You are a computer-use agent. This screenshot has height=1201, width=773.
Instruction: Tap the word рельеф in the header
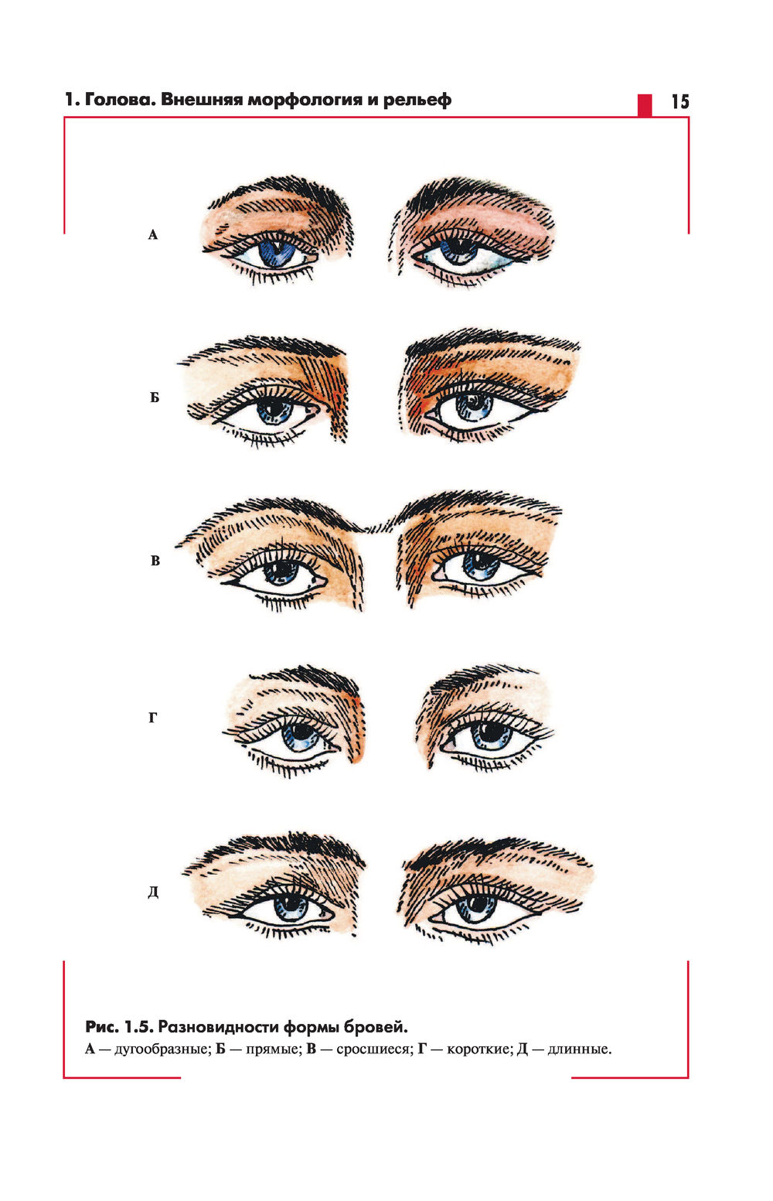point(417,101)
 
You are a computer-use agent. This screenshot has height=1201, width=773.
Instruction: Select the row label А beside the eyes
point(153,234)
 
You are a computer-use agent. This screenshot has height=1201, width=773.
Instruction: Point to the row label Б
point(155,397)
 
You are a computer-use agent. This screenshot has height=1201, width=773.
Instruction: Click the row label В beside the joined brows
point(155,561)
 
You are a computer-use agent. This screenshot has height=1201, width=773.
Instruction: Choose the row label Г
point(153,718)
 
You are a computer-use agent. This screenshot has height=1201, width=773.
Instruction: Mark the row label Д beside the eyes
point(153,892)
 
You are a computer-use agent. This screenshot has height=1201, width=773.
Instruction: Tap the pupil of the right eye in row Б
point(474,401)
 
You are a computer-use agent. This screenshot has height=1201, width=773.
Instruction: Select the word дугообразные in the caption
point(161,1049)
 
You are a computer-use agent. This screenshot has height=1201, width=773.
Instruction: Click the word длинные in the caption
point(580,1049)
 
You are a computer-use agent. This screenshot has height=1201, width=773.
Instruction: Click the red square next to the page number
point(645,105)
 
